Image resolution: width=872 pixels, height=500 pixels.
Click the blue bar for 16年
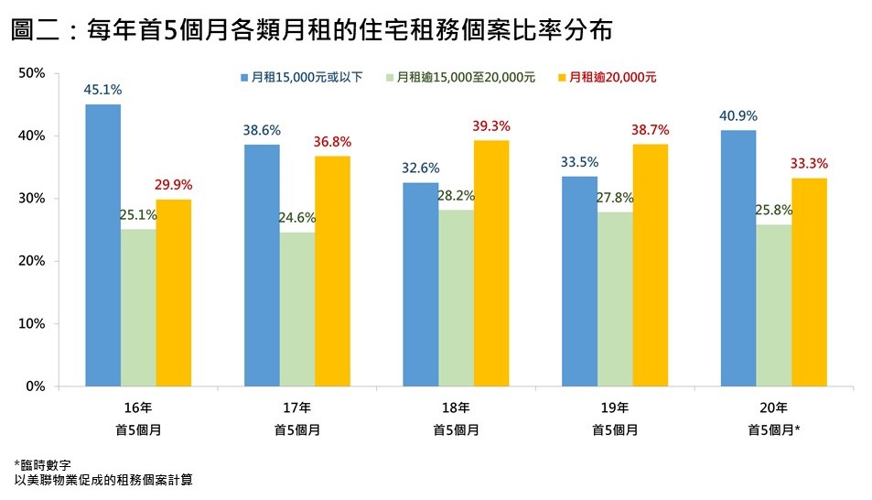click(103, 245)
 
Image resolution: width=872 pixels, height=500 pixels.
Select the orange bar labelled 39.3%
click(491, 263)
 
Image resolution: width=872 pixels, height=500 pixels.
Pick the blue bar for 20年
click(738, 258)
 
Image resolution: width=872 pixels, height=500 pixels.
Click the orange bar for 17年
click(332, 271)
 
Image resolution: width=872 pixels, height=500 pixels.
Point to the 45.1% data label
click(103, 90)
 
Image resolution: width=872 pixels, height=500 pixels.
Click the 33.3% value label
click(809, 164)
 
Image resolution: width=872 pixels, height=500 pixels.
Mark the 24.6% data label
click(296, 218)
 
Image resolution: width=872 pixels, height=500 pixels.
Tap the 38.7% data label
click(651, 130)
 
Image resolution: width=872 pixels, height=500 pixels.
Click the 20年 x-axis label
click(773, 408)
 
